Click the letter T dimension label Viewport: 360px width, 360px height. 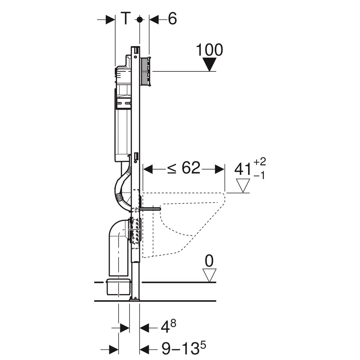tap(126, 19)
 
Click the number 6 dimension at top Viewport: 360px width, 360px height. tap(172, 19)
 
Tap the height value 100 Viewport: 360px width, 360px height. tap(209, 50)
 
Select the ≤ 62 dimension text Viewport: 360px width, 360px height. tap(184, 168)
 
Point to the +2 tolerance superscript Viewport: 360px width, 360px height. tap(259, 163)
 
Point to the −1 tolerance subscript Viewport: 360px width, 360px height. tap(259, 176)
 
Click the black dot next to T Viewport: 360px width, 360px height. tap(139, 19)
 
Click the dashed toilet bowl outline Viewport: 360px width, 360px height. tap(192, 222)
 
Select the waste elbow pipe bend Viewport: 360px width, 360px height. tap(115, 231)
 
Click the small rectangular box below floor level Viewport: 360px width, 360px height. tap(119, 287)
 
